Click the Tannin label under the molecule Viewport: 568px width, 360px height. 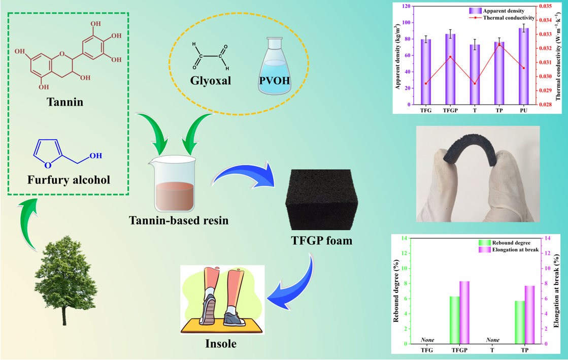pyautogui.click(x=64, y=103)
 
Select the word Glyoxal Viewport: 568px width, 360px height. pyautogui.click(x=210, y=81)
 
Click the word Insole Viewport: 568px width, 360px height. pyautogui.click(x=221, y=344)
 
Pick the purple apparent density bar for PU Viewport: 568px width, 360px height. pyautogui.click(x=523, y=66)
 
